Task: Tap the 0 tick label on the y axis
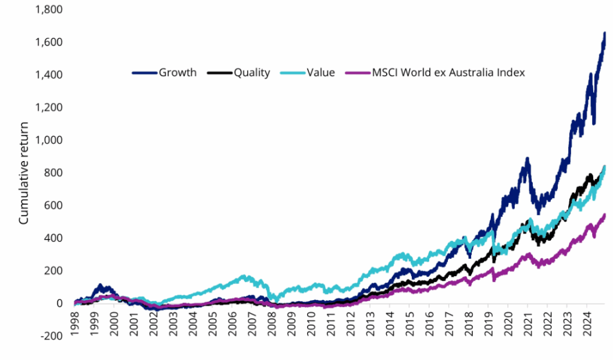(59, 304)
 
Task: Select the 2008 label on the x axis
(272, 323)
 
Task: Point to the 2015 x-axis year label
(409, 323)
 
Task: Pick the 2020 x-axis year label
(508, 323)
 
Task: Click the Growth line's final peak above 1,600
(604, 34)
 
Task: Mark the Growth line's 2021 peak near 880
(527, 159)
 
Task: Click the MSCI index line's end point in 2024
(604, 214)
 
